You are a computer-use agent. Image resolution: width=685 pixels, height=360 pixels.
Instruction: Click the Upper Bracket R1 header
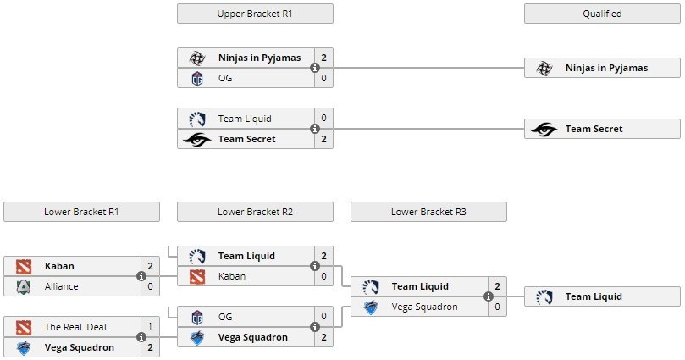(x=255, y=14)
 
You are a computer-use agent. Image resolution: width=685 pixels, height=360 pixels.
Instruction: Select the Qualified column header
(x=602, y=14)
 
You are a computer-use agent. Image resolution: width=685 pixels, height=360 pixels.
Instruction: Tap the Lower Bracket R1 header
(x=81, y=212)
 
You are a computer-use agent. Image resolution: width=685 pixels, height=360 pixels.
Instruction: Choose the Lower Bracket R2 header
(x=255, y=212)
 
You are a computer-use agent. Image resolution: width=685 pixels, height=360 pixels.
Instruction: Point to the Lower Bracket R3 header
(x=428, y=212)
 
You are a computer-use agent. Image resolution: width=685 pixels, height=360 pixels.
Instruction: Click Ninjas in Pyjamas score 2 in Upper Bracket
(x=323, y=58)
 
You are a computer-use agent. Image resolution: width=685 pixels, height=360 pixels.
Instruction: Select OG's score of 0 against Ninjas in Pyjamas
(x=323, y=78)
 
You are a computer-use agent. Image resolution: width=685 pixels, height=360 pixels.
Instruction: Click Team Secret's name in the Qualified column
(x=594, y=129)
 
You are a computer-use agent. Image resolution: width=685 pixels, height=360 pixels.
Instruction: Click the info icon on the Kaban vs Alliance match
(x=141, y=276)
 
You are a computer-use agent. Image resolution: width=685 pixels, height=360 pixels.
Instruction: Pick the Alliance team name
(x=61, y=286)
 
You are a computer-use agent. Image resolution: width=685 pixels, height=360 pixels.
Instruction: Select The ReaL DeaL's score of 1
(x=150, y=327)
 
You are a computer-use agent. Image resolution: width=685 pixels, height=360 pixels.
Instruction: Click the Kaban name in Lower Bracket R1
(x=58, y=266)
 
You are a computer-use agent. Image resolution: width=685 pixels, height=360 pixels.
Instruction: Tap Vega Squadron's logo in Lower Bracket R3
(x=370, y=307)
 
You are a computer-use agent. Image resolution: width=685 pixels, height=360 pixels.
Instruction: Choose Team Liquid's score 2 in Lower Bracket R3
(x=497, y=286)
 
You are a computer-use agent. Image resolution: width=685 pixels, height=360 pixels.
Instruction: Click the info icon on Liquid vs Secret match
(x=315, y=129)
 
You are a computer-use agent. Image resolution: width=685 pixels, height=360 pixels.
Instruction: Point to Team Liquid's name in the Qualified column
(x=594, y=296)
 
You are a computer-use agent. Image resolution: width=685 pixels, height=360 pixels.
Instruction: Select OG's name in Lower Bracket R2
(x=225, y=317)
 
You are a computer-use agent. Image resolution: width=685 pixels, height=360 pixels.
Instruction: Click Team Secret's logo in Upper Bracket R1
(x=196, y=139)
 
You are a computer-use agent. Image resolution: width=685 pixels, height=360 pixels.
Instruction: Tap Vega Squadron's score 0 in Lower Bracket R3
(x=497, y=307)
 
